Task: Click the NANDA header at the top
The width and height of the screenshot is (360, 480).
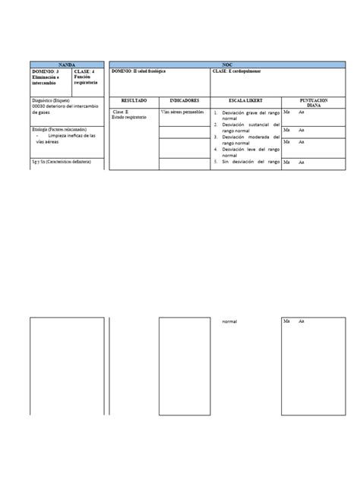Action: coord(67,65)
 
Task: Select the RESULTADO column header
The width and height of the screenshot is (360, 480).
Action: coord(133,100)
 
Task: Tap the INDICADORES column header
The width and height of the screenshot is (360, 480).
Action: coord(184,100)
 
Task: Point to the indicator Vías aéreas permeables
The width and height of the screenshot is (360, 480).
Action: coord(182,112)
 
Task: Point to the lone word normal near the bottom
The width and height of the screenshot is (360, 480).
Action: coord(229,322)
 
